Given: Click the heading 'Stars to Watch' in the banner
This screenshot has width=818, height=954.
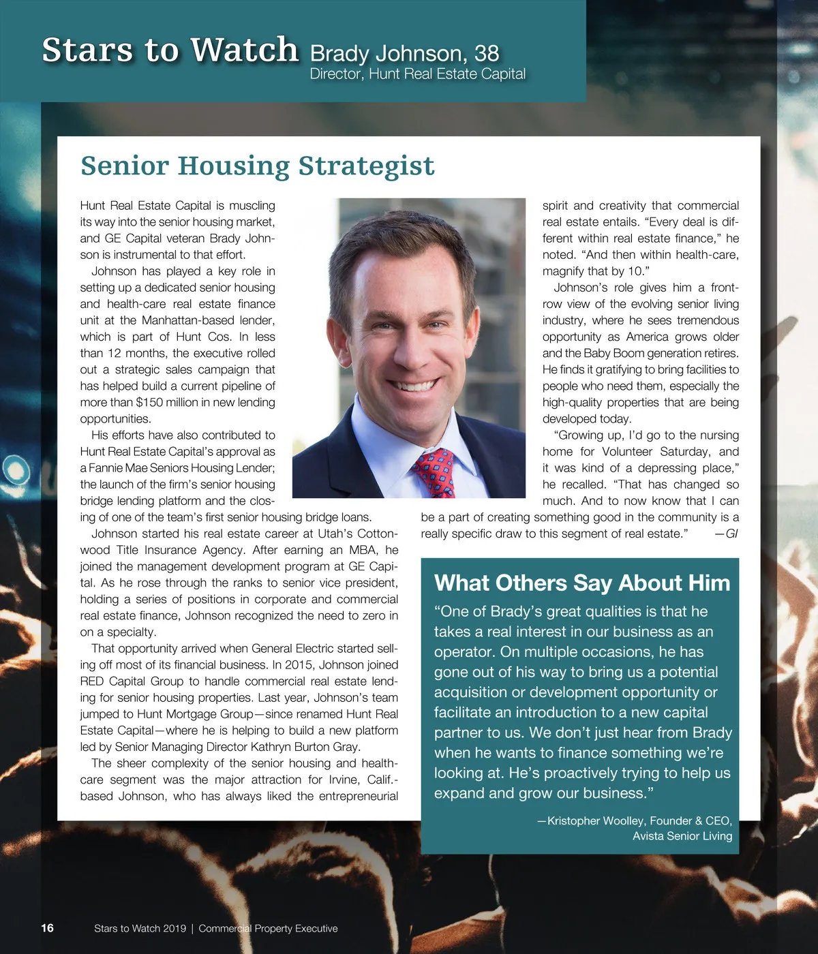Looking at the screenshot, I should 170,50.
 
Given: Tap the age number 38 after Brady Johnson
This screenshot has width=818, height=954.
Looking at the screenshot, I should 487,53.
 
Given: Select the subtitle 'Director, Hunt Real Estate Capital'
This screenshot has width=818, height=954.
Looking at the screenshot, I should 417,74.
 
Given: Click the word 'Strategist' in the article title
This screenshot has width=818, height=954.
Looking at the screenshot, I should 366,166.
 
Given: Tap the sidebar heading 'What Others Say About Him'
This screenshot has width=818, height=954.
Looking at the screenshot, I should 581,583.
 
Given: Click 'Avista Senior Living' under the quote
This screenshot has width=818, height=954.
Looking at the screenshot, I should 682,836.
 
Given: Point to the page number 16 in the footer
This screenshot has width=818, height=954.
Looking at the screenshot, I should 47,927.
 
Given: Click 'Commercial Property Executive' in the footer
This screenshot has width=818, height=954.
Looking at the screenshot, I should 268,928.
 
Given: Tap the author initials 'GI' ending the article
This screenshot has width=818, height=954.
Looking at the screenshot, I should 731,534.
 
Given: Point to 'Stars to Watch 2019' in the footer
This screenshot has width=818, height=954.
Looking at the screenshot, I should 140,928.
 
